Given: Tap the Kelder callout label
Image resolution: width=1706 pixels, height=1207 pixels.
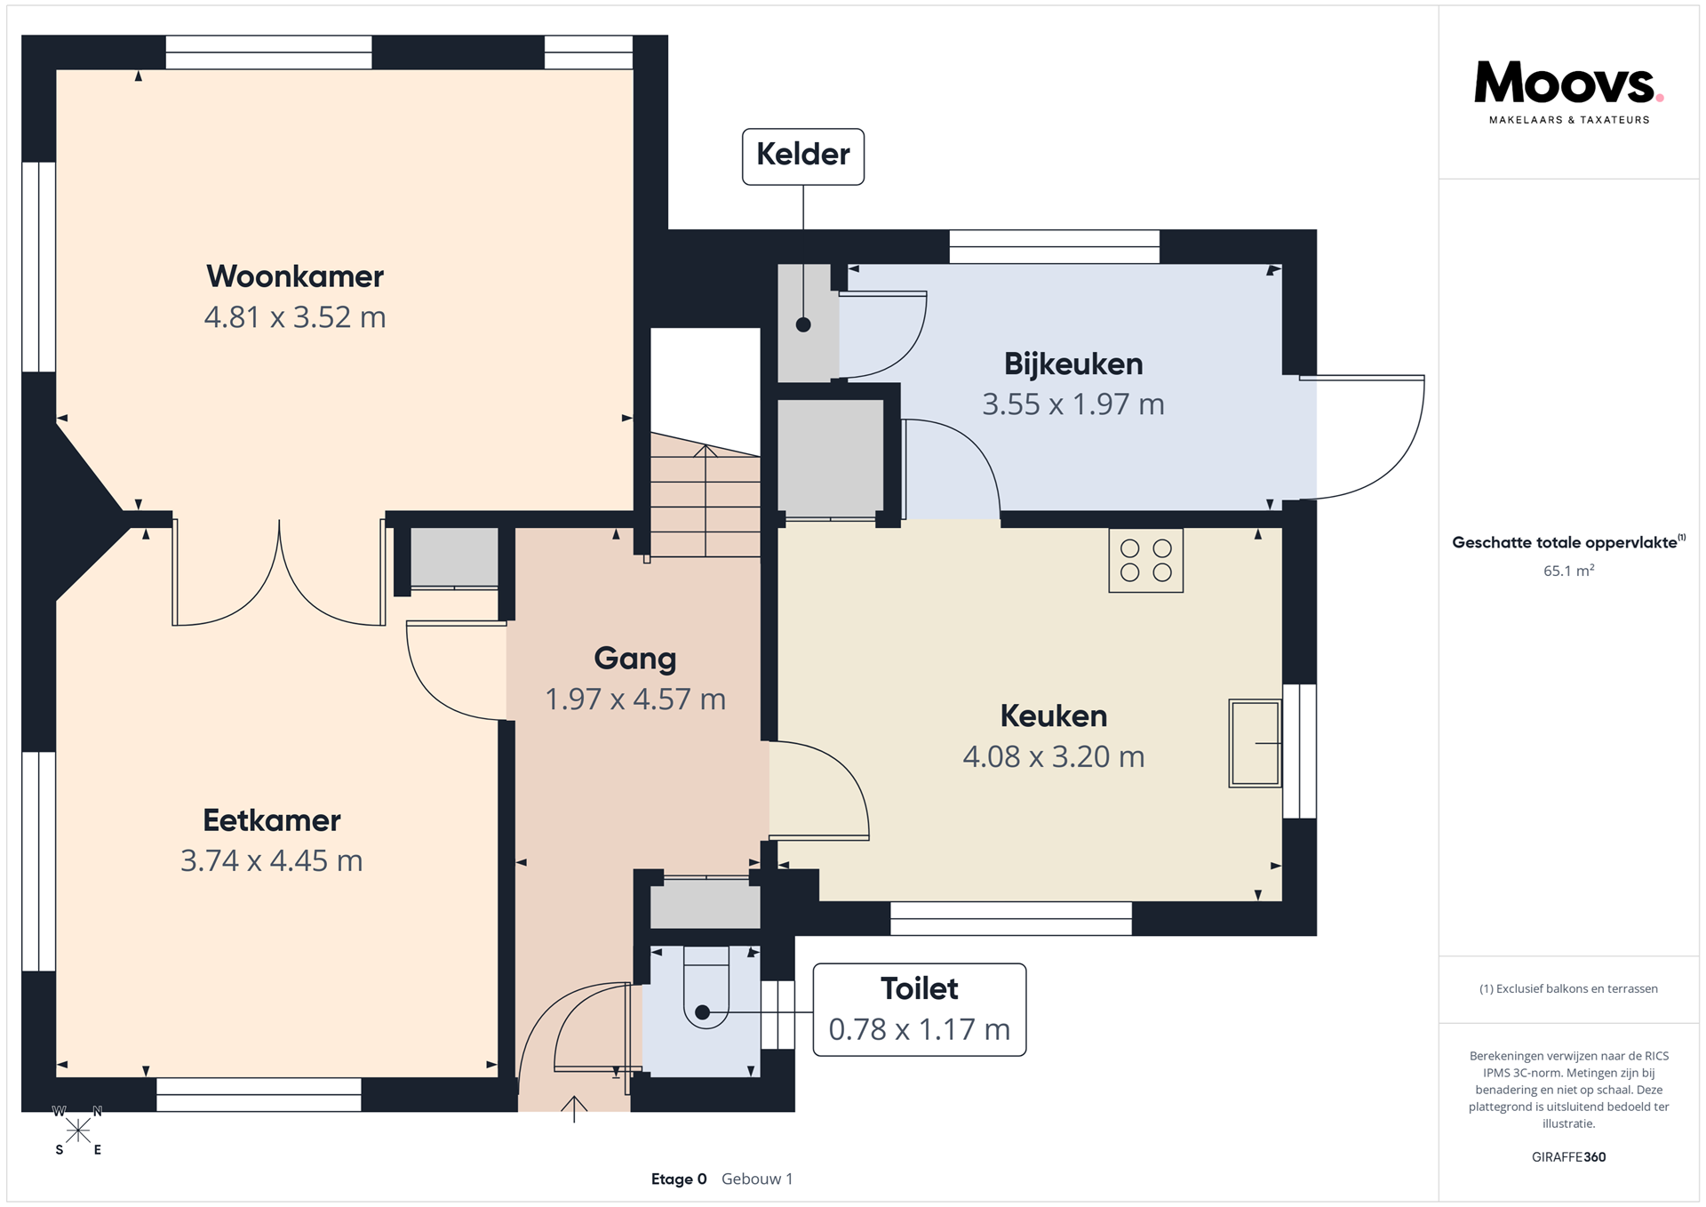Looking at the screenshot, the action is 803,156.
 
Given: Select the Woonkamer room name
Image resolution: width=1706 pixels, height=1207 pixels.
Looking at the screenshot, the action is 295,276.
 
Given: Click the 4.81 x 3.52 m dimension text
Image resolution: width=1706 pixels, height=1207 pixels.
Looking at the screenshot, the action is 295,317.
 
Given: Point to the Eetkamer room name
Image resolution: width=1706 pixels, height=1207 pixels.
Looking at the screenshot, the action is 272,820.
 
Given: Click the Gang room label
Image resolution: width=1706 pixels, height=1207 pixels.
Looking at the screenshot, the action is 635,659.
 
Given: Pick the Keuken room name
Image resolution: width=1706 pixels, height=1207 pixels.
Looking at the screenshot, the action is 1054,716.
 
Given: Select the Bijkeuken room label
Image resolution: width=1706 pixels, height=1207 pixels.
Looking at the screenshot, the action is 1073,364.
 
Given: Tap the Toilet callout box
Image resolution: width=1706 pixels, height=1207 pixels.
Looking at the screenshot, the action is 920,1010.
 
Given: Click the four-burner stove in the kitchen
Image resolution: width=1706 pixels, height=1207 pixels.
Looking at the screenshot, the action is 1146,561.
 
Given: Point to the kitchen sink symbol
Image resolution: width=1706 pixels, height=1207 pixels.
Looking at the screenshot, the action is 1255,743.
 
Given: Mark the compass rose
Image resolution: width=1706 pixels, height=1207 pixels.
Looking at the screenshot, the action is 78,1131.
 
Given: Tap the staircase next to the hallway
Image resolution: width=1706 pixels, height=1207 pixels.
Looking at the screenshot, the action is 706,495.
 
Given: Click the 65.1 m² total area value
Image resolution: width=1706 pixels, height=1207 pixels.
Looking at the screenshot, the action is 1568,571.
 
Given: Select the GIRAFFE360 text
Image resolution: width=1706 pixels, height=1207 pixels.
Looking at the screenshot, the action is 1568,1157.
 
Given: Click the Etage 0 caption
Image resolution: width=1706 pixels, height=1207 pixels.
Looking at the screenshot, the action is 679,1179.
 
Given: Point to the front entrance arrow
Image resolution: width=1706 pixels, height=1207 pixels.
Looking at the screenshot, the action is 574,1109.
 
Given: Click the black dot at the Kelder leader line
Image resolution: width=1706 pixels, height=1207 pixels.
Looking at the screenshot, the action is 803,325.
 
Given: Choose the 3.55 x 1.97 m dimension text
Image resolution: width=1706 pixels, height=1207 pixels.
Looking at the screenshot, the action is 1073,405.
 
